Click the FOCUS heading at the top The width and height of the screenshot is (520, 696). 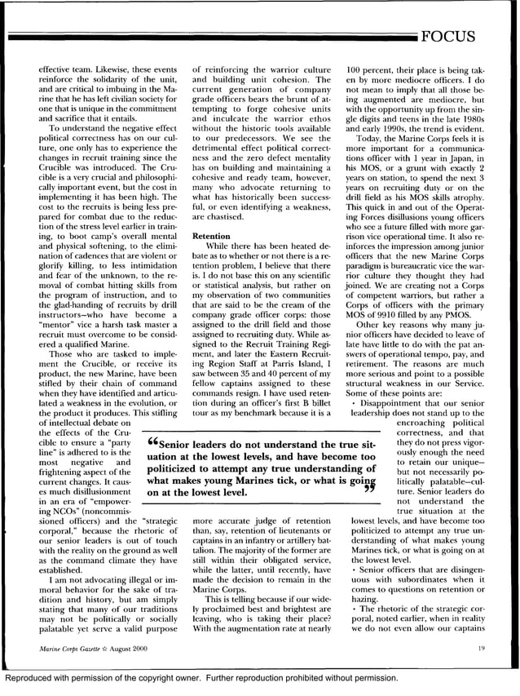tap(467, 37)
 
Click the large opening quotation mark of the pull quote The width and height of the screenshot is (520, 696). tap(152, 443)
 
